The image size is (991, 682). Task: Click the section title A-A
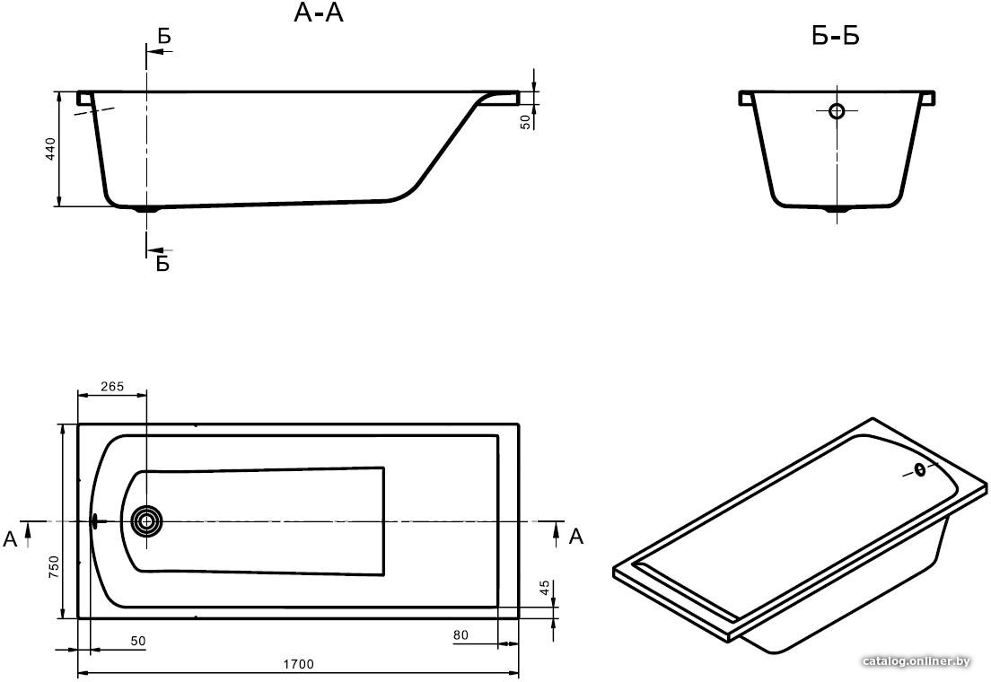(319, 13)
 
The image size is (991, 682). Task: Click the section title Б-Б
(836, 36)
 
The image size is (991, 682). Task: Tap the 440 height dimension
(51, 149)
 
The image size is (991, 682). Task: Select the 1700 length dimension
(298, 664)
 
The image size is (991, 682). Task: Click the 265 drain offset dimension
(112, 386)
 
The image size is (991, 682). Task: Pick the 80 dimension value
(460, 634)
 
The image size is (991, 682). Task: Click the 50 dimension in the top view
(137, 641)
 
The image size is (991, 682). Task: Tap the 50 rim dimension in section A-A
(525, 121)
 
